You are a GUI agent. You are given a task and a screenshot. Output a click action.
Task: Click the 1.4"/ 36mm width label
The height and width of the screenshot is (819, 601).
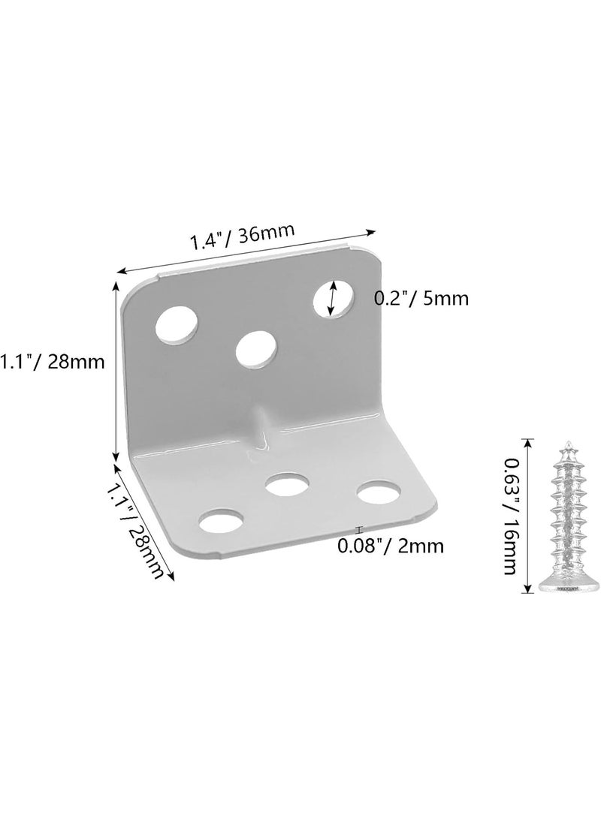coord(241,236)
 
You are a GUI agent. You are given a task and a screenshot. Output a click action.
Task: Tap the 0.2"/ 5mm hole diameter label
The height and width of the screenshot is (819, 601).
coord(421,299)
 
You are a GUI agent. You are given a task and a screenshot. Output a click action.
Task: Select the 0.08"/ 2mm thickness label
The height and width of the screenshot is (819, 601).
coord(391,546)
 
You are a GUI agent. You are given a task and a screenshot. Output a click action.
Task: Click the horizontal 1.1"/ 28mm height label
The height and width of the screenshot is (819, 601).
coord(53,361)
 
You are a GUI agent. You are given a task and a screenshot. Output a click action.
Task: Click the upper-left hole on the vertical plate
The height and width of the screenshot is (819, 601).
coord(177,326)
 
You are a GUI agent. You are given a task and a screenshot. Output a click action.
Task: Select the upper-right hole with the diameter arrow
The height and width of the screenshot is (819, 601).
coord(334,298)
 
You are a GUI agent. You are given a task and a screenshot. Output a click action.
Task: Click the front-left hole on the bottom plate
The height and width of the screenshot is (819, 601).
coord(222,521)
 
